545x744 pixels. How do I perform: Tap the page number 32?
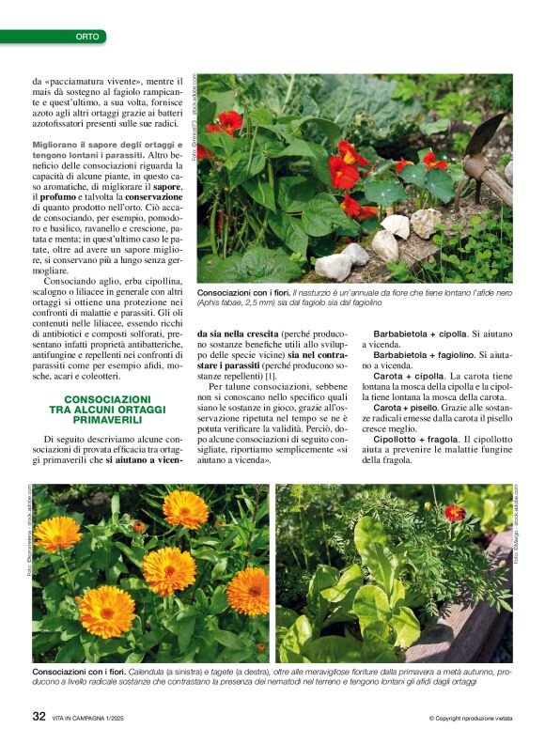click(x=39, y=716)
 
